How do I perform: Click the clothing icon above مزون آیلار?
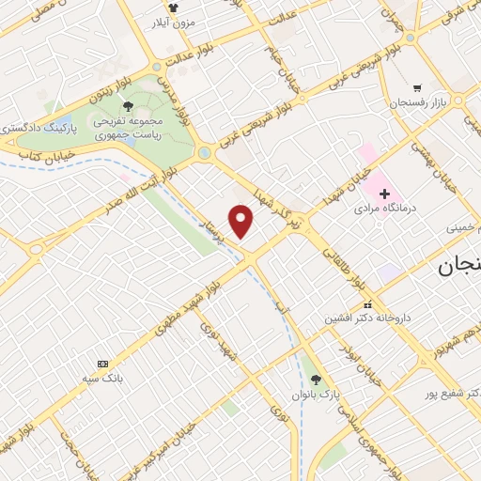(x=172, y=7)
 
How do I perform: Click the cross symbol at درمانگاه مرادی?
(x=384, y=193)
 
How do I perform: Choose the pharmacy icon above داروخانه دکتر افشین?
(x=368, y=305)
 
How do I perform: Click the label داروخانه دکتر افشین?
(x=367, y=318)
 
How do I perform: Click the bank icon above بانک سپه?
(x=103, y=364)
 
